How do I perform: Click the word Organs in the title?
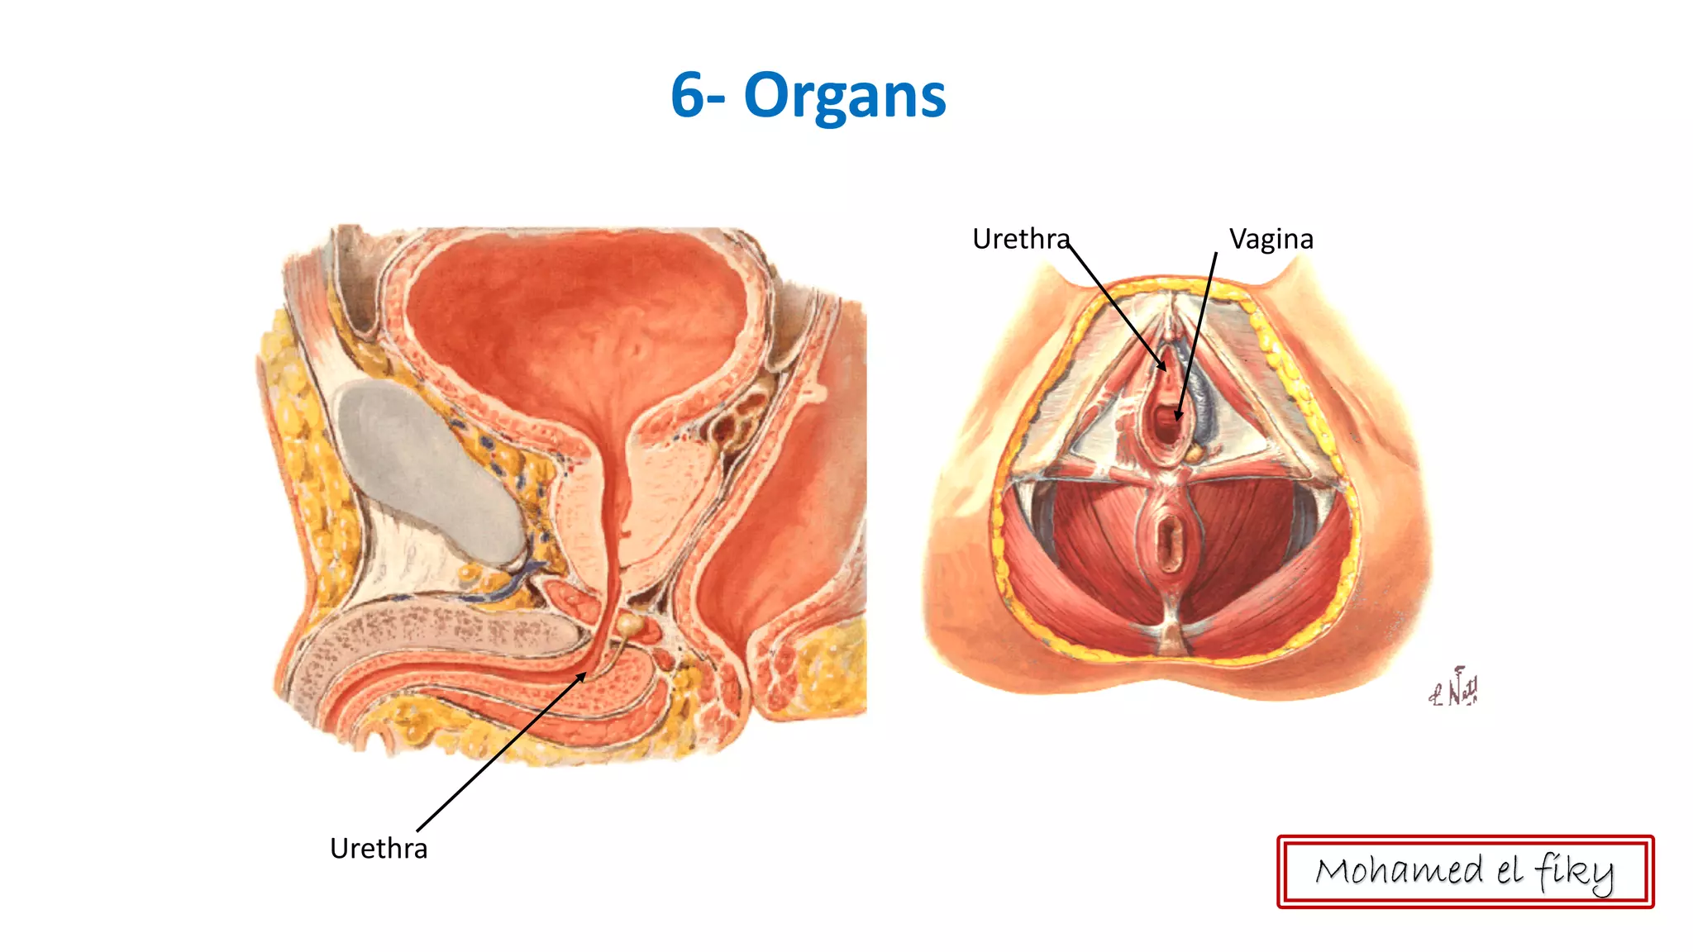844,97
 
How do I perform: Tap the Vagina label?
1271,239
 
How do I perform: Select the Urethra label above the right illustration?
1020,239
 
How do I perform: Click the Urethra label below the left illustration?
379,849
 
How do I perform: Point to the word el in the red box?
1509,870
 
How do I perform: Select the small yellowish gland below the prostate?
632,624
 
